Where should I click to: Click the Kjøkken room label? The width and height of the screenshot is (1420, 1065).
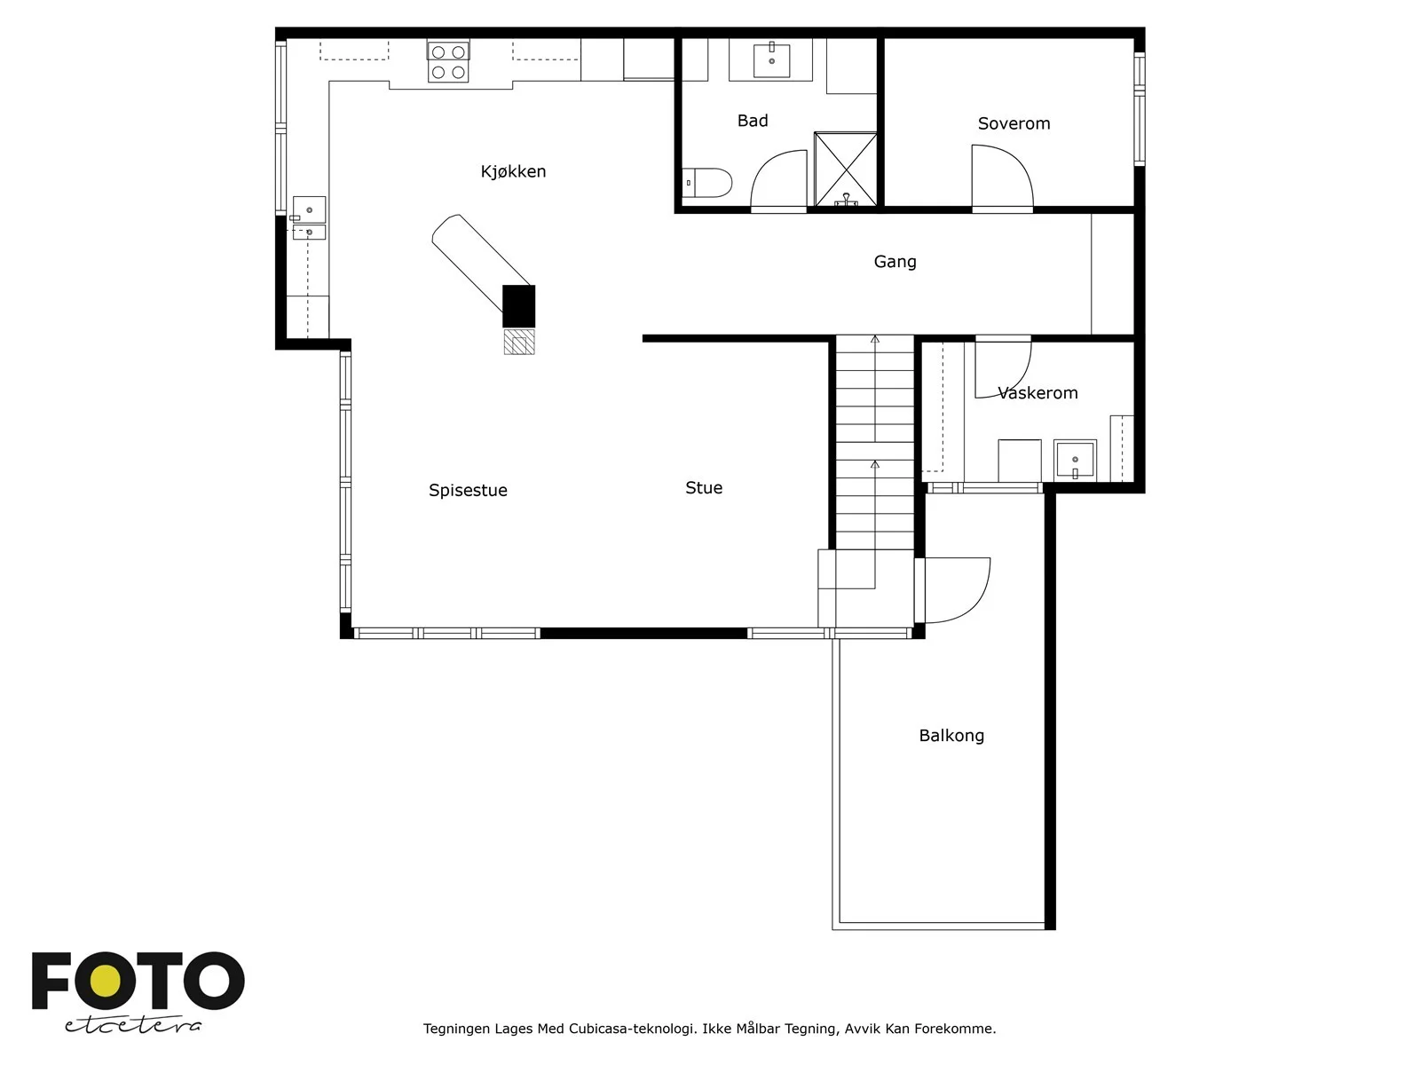tap(513, 171)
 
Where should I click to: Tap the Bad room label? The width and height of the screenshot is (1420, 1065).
tap(753, 121)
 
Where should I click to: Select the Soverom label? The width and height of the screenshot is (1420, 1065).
tap(1014, 123)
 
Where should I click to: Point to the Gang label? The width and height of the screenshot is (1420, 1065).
tap(895, 262)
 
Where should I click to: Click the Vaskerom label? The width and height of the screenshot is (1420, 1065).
tap(1037, 392)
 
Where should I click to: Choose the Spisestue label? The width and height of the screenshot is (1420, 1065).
tap(468, 490)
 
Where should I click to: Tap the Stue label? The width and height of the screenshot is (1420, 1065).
tap(704, 487)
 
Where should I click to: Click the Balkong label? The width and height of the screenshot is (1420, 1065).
tap(951, 736)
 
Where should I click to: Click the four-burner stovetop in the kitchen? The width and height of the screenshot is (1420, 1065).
tap(447, 62)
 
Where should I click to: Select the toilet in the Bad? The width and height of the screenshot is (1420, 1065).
tap(706, 183)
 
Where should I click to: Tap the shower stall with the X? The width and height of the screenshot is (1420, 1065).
tap(846, 170)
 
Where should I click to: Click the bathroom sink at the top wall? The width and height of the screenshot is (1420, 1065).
tap(771, 59)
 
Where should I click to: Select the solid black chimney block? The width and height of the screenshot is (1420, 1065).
tap(519, 306)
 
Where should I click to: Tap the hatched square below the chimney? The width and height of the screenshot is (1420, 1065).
tap(519, 342)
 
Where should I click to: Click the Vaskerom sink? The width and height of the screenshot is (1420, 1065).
tap(1075, 460)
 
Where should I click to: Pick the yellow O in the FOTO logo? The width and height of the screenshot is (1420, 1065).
tap(105, 981)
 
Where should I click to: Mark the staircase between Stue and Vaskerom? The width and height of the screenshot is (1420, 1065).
tap(875, 443)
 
